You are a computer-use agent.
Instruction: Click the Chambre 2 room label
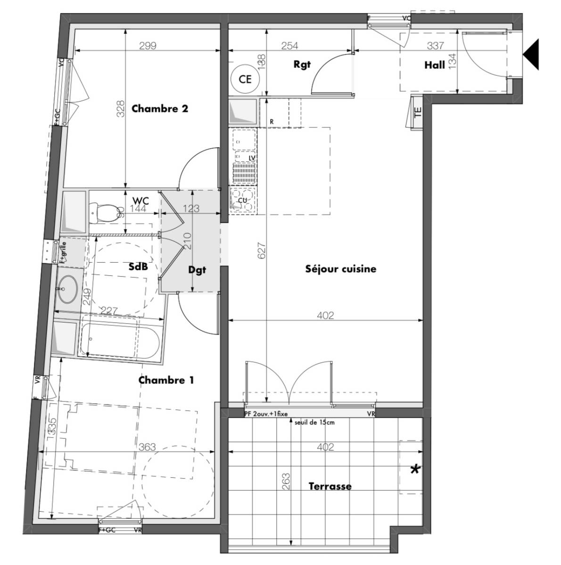[x=160, y=109]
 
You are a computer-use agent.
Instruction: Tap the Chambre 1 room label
[x=166, y=380]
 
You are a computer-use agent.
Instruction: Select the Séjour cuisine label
[x=340, y=269]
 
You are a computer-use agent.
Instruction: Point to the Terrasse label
[x=330, y=486]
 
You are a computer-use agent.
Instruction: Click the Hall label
[x=434, y=65]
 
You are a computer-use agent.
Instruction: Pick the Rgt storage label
[x=302, y=65]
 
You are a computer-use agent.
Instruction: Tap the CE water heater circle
[x=245, y=79]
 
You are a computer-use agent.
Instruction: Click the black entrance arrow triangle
[x=531, y=55]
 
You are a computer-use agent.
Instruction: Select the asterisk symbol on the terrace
[x=415, y=469]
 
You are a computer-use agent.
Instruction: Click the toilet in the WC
[x=105, y=213]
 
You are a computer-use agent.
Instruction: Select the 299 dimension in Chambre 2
[x=148, y=46]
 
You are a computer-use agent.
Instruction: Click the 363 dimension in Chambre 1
[x=148, y=447]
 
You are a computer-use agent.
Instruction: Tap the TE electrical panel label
[x=417, y=113]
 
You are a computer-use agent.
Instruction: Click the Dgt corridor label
[x=197, y=271]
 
